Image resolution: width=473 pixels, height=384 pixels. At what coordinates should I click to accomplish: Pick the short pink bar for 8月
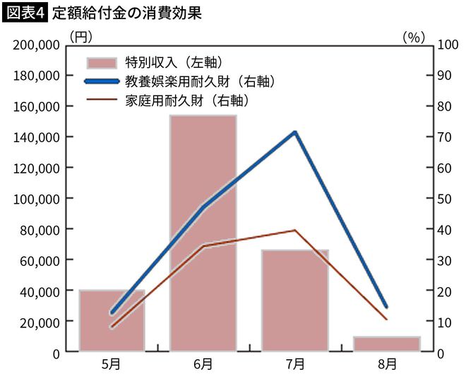387,344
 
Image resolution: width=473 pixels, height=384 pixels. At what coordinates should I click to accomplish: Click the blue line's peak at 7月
295,132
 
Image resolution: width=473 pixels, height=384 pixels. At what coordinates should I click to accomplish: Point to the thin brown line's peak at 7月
295,230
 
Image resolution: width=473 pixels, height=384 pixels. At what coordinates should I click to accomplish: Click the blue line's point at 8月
386,307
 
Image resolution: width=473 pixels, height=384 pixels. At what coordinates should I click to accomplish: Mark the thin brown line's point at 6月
203,245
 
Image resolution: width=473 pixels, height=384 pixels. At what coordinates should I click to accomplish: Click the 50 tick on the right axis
444,199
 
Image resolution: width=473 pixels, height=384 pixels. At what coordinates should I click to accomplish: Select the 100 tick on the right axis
447,45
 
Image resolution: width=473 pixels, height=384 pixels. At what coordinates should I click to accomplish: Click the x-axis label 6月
203,365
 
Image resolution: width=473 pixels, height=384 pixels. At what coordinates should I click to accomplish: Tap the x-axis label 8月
387,365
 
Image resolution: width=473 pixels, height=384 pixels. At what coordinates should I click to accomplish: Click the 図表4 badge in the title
25,13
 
